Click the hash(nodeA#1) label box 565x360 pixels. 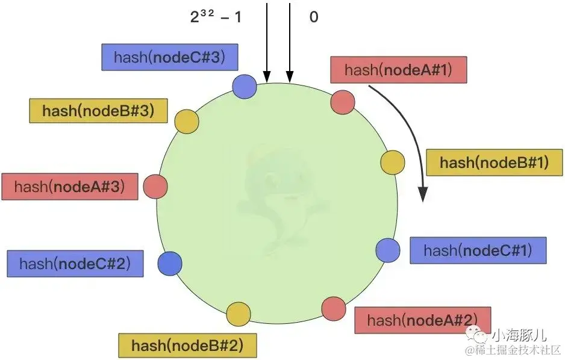pyautogui.click(x=398, y=70)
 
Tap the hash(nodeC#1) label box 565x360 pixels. pyautogui.click(x=478, y=250)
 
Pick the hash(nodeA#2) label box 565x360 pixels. pyautogui.click(x=422, y=320)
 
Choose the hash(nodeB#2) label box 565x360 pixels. pyautogui.click(x=187, y=346)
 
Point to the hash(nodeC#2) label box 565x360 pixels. pyautogui.click(x=75, y=264)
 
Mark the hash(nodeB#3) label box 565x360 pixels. pyautogui.click(x=98, y=111)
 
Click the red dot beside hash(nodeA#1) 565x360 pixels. pyautogui.click(x=342, y=101)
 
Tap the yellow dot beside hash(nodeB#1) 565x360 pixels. pyautogui.click(x=393, y=163)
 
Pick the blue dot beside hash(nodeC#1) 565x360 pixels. pyautogui.click(x=388, y=250)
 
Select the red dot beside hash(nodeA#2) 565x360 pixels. pyautogui.click(x=333, y=308)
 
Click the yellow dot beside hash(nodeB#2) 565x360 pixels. pyautogui.click(x=239, y=314)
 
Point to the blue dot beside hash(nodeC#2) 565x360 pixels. pyautogui.click(x=169, y=263)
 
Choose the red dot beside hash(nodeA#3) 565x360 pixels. pyautogui.click(x=155, y=187)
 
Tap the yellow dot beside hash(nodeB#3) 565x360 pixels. pyautogui.click(x=186, y=122)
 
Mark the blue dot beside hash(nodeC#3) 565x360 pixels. pyautogui.click(x=245, y=87)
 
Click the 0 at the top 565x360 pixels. pyautogui.click(x=313, y=17)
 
